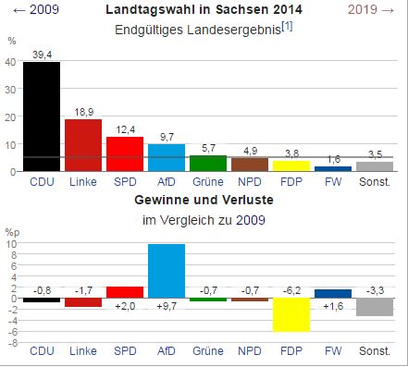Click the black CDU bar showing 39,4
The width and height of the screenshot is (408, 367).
click(42, 116)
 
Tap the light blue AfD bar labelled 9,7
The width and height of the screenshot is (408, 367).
click(167, 157)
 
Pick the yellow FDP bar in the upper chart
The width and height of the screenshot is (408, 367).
click(291, 165)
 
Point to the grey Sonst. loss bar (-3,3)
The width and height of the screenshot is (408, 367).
click(375, 307)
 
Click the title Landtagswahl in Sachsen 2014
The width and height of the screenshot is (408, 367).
click(203, 10)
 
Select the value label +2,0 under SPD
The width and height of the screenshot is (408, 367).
click(125, 305)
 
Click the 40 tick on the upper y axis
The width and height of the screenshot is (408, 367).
click(10, 62)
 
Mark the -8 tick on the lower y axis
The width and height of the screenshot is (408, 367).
click(10, 342)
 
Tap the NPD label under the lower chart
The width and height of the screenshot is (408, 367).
click(250, 352)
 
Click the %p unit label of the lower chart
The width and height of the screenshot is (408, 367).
click(11, 231)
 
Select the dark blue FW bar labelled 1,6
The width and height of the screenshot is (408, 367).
click(333, 168)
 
